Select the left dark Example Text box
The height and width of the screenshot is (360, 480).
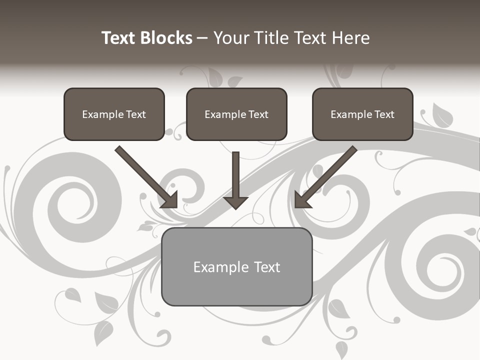tap(114, 114)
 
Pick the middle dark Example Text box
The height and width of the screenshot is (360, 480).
tap(236, 114)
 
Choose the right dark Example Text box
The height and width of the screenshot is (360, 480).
tap(362, 114)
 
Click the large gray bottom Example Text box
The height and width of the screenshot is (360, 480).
tap(236, 266)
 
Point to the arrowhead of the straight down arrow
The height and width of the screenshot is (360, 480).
tap(235, 202)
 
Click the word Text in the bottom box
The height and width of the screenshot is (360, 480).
tap(266, 267)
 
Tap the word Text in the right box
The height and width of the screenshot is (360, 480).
tap(384, 114)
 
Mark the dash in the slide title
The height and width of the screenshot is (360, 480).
tap(202, 38)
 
